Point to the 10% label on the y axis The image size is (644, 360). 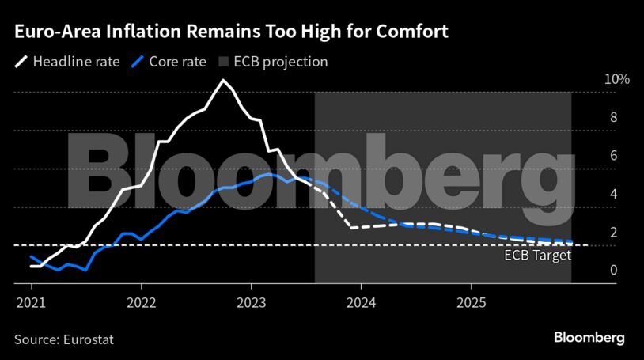[594, 79]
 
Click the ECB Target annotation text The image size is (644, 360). [537, 256]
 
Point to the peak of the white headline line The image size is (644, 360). [224, 81]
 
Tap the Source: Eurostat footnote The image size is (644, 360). [64, 339]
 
